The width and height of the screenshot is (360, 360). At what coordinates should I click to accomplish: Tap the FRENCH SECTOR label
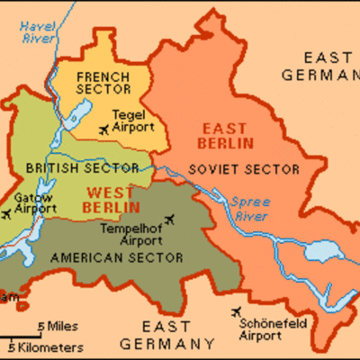(103, 84)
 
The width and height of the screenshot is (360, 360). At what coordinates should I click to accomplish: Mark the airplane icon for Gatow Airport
(8, 214)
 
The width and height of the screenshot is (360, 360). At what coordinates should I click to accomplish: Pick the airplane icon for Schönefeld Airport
(237, 311)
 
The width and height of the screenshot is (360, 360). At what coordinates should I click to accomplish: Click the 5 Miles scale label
(57, 325)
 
